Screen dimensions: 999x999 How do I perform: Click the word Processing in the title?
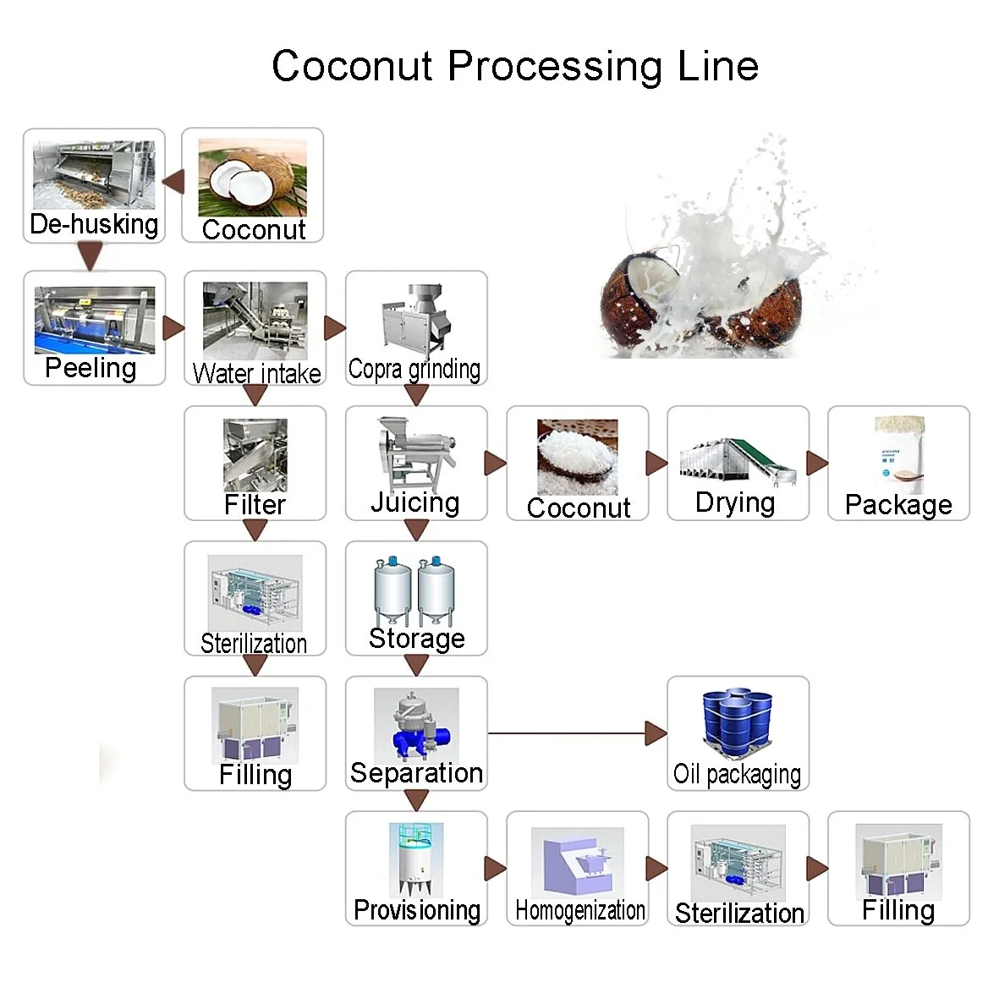coord(554,66)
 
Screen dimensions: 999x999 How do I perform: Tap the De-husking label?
coord(94,224)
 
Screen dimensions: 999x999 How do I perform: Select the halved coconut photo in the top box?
coord(252,178)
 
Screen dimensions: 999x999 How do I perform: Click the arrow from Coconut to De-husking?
coord(174,182)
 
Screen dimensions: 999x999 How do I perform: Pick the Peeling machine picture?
coord(94,321)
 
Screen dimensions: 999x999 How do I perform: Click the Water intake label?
coord(256,373)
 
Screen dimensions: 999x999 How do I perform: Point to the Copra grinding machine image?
coord(415,319)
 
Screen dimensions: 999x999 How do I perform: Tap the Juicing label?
coord(415,502)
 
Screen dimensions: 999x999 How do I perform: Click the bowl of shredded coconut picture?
coord(577,457)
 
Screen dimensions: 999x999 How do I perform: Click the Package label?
coord(898,505)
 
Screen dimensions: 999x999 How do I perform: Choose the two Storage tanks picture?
coord(415,590)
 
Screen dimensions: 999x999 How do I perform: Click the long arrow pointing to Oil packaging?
coord(575,733)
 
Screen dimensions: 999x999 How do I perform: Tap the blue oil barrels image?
coord(738,723)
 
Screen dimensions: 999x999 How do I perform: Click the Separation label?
coord(416,773)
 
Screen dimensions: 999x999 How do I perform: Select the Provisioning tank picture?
coord(415,859)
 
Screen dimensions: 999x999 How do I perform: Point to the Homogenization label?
coord(579,911)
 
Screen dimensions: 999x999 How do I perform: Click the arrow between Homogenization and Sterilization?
coord(656,869)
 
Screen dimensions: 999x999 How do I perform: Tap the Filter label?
coord(255,505)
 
